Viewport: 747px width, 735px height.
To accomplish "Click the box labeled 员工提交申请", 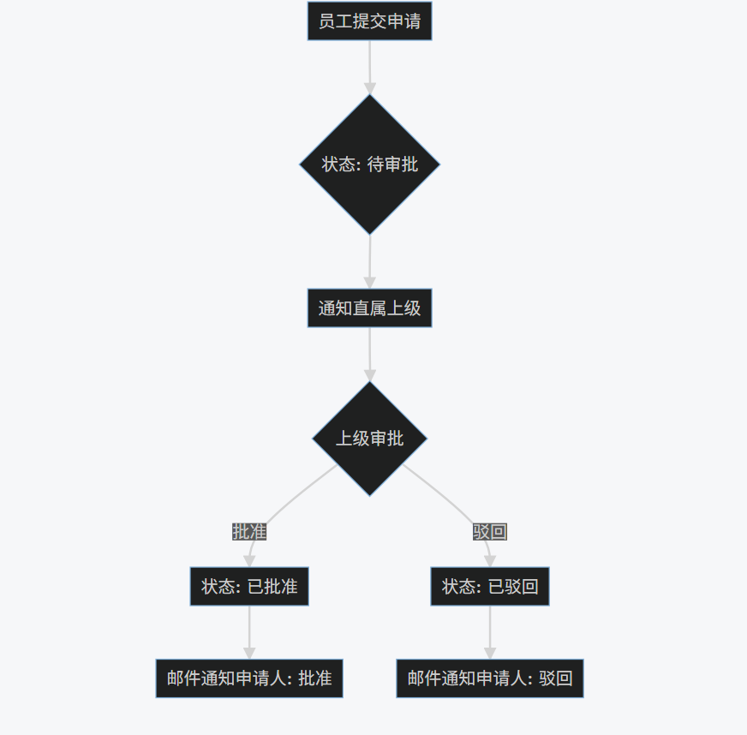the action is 369,21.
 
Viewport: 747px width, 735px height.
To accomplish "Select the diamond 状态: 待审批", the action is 369,164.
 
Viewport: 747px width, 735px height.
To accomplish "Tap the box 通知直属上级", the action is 369,308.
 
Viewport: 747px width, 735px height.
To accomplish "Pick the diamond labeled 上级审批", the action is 369,439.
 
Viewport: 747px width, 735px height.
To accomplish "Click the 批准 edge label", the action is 249,532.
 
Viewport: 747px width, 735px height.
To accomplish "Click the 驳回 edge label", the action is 490,532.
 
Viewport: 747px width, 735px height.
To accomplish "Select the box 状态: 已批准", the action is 249,587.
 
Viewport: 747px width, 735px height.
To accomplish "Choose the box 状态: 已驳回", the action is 490,587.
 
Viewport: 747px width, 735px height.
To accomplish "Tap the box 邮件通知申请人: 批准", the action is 249,678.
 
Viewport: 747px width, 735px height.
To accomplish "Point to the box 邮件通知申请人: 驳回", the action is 490,678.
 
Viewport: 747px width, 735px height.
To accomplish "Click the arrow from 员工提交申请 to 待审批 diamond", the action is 370,64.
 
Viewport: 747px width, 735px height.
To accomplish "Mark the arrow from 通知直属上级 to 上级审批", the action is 370,351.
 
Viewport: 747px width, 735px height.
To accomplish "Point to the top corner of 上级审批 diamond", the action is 369,383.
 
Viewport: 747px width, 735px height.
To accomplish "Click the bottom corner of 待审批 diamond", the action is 369,233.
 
